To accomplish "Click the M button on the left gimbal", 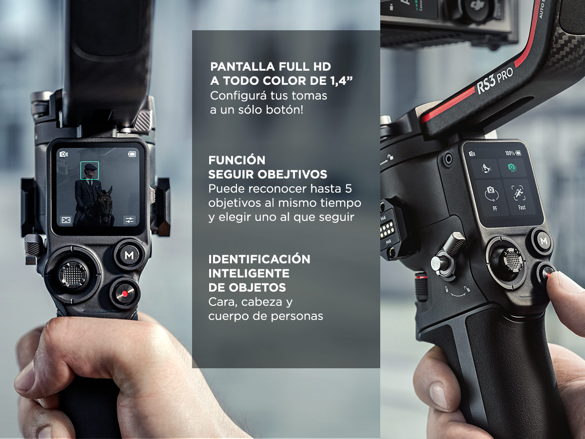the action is click(x=129, y=255).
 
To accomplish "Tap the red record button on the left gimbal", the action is click(x=125, y=294).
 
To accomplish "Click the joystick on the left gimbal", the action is click(x=73, y=274).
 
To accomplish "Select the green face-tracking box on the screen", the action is click(x=90, y=171).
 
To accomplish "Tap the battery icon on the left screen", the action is click(x=132, y=154).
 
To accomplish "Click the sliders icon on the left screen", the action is click(x=130, y=220).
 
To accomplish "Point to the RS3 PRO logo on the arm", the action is click(x=495, y=80).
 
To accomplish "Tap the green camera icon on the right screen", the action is click(x=511, y=167).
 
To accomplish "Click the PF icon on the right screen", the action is click(x=492, y=198).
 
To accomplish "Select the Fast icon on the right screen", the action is click(x=519, y=197).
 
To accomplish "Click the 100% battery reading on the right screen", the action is click(x=510, y=153).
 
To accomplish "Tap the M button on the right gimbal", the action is click(x=544, y=241).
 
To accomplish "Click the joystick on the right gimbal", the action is click(x=513, y=260).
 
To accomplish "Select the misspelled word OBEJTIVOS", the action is click(x=292, y=174).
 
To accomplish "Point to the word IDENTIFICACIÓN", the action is click(x=259, y=259).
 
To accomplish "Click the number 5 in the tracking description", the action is click(x=349, y=189).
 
